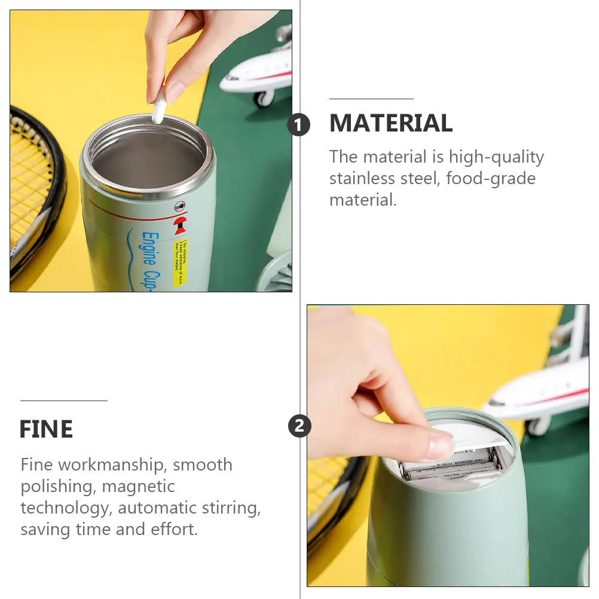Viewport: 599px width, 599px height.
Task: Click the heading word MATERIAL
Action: (390, 123)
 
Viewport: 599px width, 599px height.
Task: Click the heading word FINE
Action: (46, 429)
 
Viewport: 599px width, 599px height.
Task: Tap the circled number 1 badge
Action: (299, 125)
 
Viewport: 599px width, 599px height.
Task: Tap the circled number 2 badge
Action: (299, 426)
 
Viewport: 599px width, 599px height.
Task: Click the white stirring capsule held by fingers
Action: (159, 111)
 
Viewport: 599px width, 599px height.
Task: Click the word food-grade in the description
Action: (491, 178)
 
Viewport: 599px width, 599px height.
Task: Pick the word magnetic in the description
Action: (138, 486)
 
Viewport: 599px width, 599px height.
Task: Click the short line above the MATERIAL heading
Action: (371, 99)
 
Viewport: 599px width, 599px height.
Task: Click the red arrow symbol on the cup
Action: (178, 226)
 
